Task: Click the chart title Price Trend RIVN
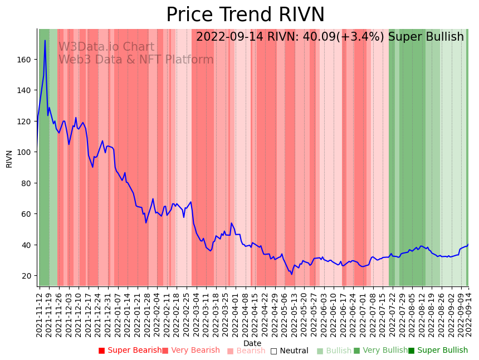click(x=245, y=14)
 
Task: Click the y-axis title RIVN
click(x=9, y=158)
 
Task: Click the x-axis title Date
click(x=252, y=344)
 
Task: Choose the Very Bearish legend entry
click(x=191, y=351)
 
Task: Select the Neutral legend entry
click(x=289, y=351)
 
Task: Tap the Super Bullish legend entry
click(x=438, y=351)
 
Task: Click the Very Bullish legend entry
click(x=380, y=351)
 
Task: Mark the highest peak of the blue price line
click(x=45, y=40)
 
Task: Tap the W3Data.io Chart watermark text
click(x=106, y=47)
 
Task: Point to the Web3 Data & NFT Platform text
click(x=136, y=60)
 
